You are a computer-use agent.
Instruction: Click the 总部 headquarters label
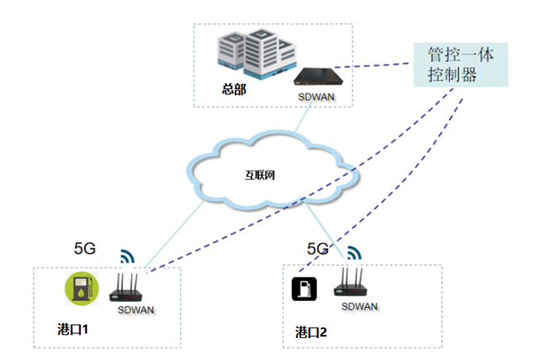pyautogui.click(x=235, y=88)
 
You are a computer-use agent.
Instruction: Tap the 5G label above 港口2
pyautogui.click(x=317, y=248)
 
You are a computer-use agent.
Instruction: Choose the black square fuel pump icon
pyautogui.click(x=303, y=289)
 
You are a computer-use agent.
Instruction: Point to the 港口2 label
pyautogui.click(x=311, y=331)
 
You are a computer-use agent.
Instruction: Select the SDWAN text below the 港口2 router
pyautogui.click(x=360, y=306)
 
